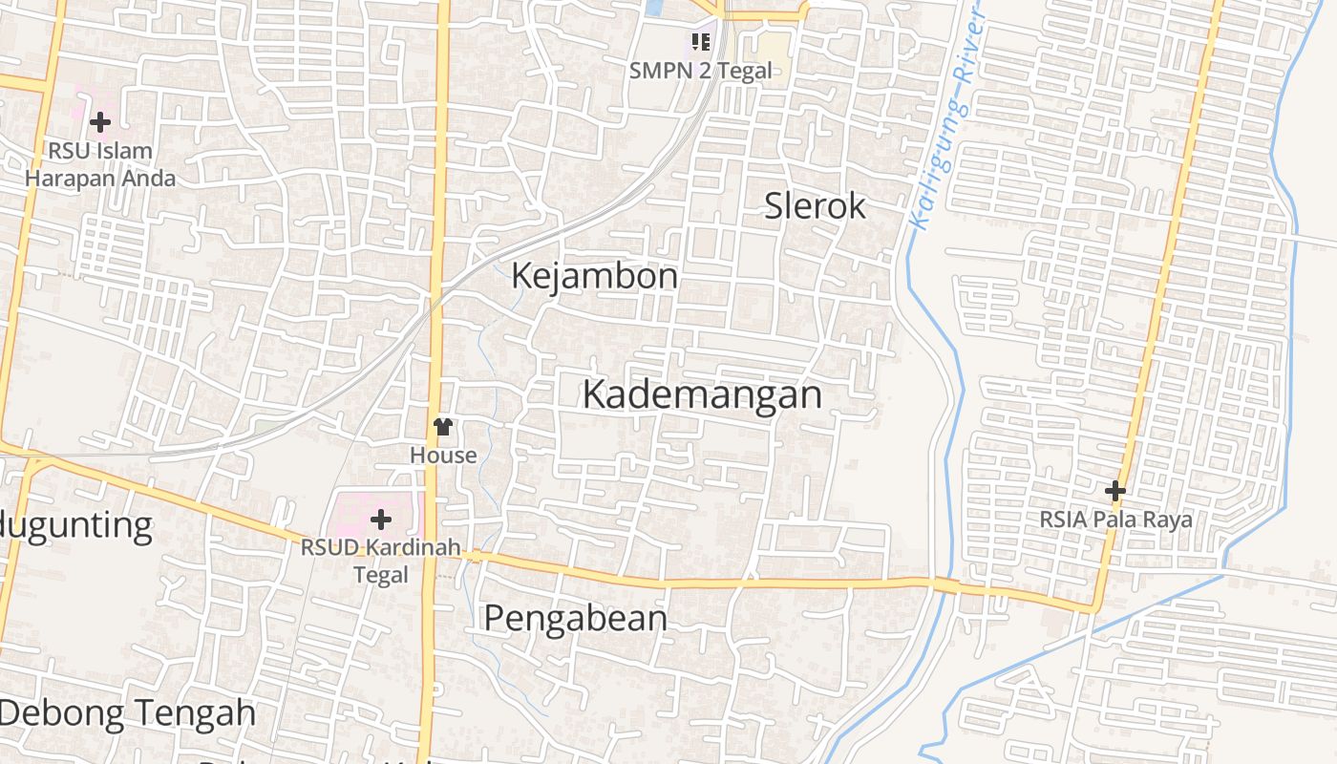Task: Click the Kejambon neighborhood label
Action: coord(594,276)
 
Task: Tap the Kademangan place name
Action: coord(702,394)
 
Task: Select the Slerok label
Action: coord(815,205)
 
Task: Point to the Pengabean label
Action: coord(575,619)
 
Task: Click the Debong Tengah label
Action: coord(128,713)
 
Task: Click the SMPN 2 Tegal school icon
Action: coord(701,42)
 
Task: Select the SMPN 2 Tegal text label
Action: coord(700,71)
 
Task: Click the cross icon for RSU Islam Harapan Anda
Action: coord(99,121)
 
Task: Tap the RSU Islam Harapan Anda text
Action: coord(100,164)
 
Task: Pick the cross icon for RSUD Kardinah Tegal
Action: coord(380,520)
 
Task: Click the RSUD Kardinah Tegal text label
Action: coord(380,562)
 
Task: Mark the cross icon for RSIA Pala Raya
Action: coord(1114,491)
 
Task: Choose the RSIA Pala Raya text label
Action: coord(1115,520)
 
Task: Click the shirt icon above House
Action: coord(442,427)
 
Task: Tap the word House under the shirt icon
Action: coord(443,456)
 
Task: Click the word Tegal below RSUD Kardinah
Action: coord(380,575)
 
